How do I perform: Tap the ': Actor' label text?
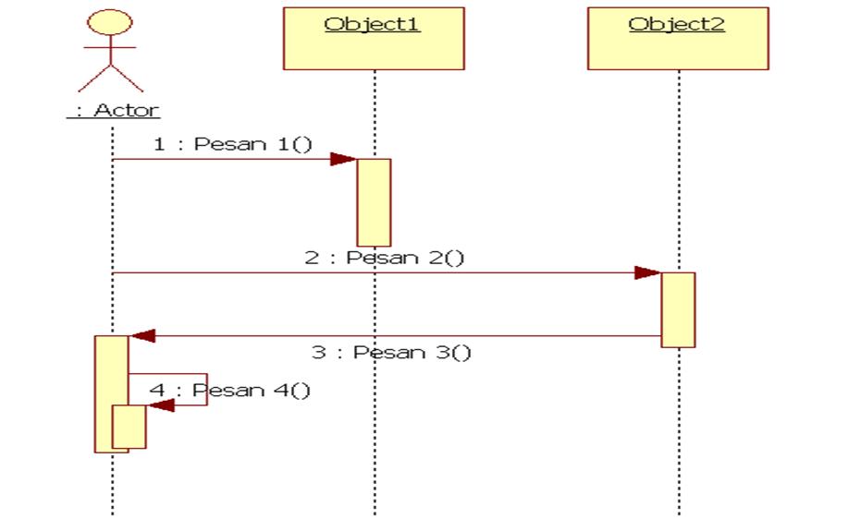click(x=112, y=110)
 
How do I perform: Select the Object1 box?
click(x=374, y=39)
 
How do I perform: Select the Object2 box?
click(x=677, y=39)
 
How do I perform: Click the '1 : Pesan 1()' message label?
click(x=233, y=145)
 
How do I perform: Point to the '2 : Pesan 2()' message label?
click(x=385, y=258)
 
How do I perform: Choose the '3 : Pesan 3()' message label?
click(x=390, y=353)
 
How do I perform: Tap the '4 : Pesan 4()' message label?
click(x=230, y=390)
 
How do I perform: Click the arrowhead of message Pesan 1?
click(x=344, y=160)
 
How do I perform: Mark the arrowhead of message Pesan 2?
click(x=647, y=273)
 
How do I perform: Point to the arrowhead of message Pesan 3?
click(x=142, y=336)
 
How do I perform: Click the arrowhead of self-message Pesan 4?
click(x=160, y=405)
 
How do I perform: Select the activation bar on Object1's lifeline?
click(x=374, y=201)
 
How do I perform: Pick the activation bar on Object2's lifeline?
click(x=677, y=309)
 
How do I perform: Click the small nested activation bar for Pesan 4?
click(x=129, y=427)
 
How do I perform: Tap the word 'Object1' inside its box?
click(x=373, y=24)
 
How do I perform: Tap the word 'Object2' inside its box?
click(x=677, y=24)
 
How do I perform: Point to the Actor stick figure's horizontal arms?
click(x=111, y=46)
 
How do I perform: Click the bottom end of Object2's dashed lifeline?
click(x=678, y=510)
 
